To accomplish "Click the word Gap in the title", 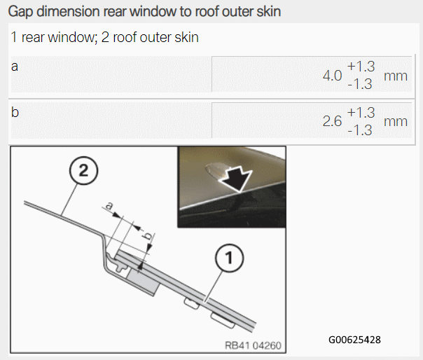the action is click(x=20, y=12).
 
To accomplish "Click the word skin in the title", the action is click(x=269, y=11).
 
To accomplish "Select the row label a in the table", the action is click(x=15, y=67).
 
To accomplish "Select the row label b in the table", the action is click(x=15, y=112).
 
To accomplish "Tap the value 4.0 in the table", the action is click(x=333, y=76).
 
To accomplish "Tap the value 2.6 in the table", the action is click(x=333, y=121).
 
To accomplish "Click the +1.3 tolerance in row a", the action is click(x=361, y=67).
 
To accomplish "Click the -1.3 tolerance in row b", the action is click(x=360, y=130).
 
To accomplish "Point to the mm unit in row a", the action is click(x=396, y=76).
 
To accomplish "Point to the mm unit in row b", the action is click(x=396, y=122).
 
